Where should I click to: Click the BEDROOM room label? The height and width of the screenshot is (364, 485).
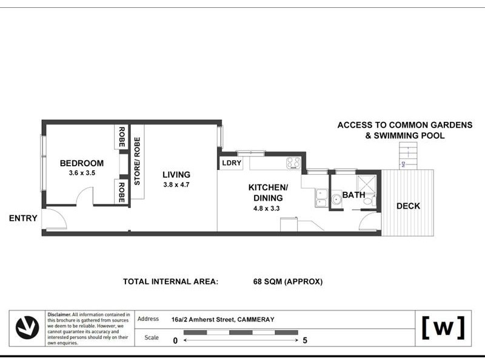[82, 163]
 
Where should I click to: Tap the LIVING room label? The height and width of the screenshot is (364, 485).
[176, 175]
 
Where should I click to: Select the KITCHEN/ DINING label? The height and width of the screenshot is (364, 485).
[268, 192]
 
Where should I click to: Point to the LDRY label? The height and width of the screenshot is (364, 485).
[232, 163]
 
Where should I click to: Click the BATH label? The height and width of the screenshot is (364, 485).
[353, 195]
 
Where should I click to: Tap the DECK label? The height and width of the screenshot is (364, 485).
[408, 206]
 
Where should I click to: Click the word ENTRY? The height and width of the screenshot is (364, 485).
[23, 218]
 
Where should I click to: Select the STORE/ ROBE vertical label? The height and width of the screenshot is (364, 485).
[137, 161]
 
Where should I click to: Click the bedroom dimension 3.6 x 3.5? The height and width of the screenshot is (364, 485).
[82, 173]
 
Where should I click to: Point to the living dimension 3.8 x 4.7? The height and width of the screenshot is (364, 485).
[176, 185]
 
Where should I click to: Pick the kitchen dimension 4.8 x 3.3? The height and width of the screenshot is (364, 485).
[267, 208]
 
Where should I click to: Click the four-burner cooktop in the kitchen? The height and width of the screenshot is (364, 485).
[293, 163]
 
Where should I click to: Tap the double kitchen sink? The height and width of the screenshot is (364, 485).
[321, 198]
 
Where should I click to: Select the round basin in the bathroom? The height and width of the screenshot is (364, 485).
[336, 200]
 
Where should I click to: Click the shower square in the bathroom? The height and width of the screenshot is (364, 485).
[367, 185]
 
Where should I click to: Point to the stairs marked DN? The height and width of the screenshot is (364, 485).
[408, 155]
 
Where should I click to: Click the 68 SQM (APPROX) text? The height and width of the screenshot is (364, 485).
[287, 281]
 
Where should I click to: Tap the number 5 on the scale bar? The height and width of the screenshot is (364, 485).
[305, 340]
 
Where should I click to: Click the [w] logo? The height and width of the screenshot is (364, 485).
[444, 328]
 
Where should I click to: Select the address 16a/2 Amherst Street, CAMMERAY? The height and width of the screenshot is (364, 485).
[222, 320]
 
